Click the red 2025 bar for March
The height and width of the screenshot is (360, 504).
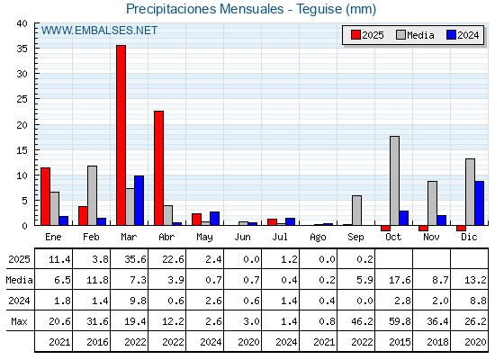pos(121,135)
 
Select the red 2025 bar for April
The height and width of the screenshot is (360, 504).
pos(158,168)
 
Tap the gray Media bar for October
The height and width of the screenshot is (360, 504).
pos(394,181)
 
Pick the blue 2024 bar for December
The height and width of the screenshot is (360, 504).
pos(479,203)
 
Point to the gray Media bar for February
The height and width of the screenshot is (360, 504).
pos(92,195)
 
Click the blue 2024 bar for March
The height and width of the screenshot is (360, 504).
pos(139,201)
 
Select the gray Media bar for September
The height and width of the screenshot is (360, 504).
pos(356,211)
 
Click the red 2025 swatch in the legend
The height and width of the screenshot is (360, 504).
pos(355,35)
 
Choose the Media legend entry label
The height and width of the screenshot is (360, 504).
pos(420,35)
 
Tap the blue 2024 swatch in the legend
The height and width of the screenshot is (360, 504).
pos(451,35)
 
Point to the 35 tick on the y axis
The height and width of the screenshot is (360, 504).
pos(22,49)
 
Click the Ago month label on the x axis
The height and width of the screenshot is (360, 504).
pos(318,238)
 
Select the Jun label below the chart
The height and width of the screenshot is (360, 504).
pos(242,238)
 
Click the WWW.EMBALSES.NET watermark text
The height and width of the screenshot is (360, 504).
pos(99,31)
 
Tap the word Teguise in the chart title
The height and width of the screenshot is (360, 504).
pos(319,9)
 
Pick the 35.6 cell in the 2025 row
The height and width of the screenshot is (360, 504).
pos(135,259)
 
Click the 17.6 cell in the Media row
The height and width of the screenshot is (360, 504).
pos(400,280)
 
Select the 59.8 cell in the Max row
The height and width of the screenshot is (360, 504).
pos(400,321)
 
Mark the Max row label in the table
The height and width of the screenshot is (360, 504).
pos(19,321)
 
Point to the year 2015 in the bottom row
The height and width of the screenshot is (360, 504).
pos(400,342)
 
